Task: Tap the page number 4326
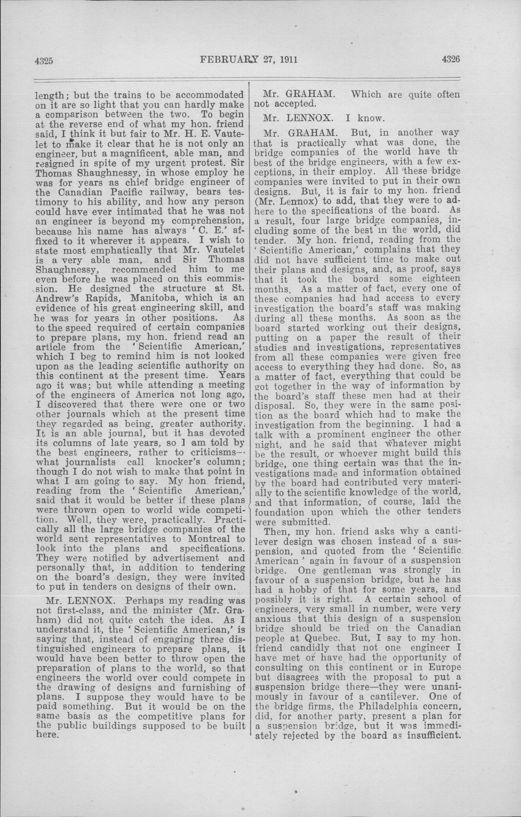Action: [x=451, y=60]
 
